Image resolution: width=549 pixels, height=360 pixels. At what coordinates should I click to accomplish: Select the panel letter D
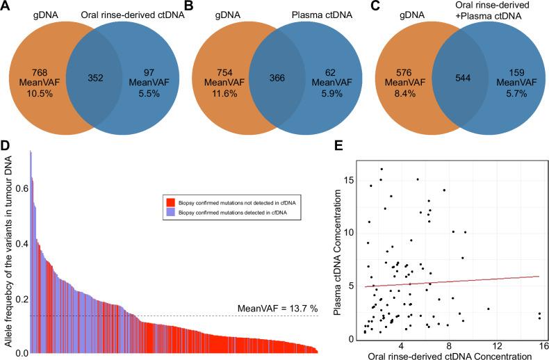coord(8,145)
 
